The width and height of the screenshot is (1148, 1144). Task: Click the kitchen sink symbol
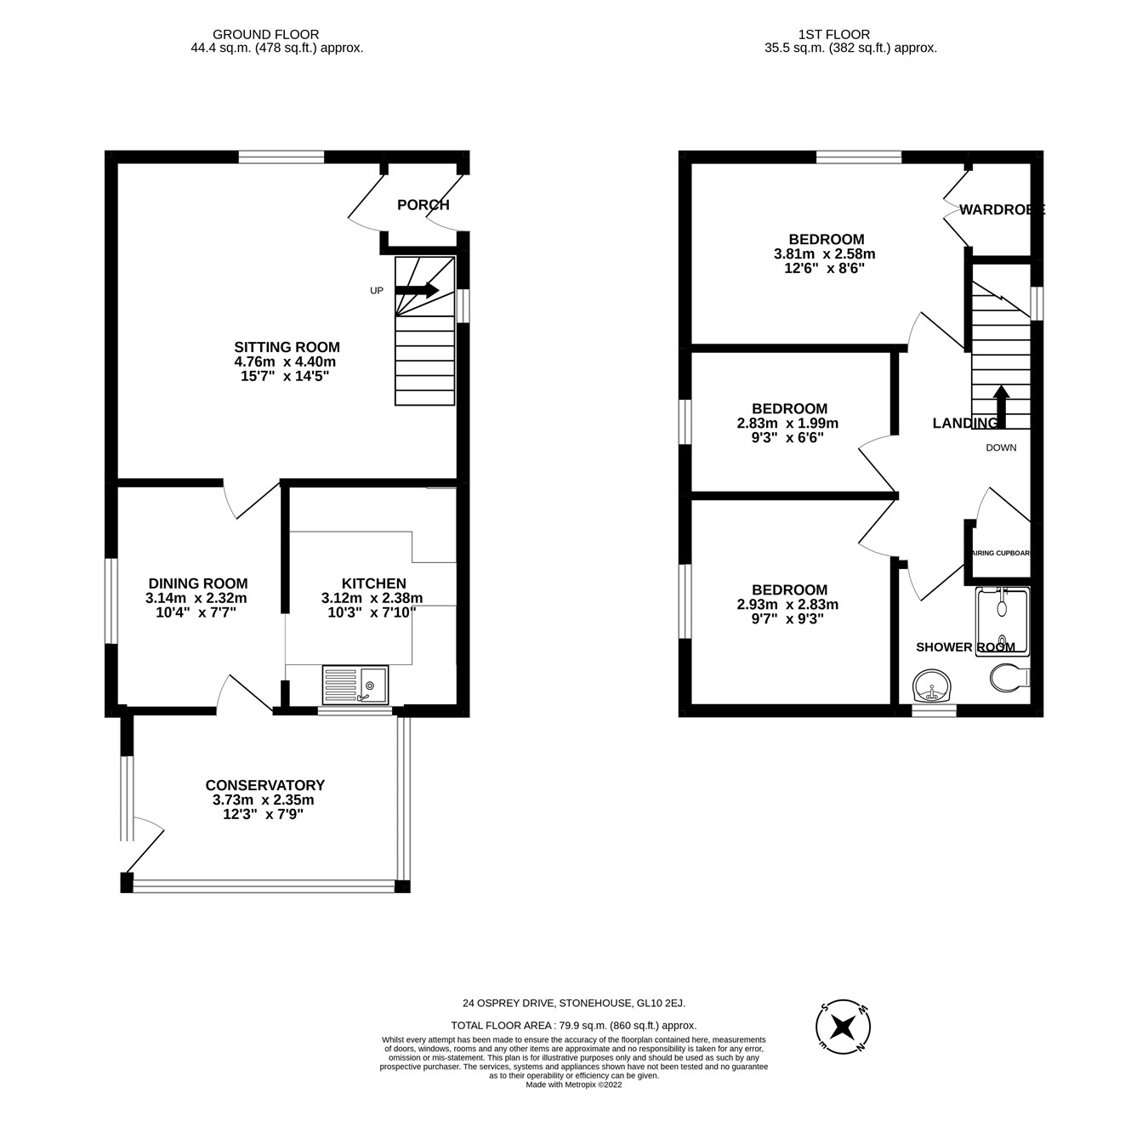pyautogui.click(x=355, y=685)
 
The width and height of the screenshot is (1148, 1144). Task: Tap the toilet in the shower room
pyautogui.click(x=1010, y=678)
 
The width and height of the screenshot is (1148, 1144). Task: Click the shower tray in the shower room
pyautogui.click(x=1002, y=621)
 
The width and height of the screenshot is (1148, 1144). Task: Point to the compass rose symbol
pyautogui.click(x=843, y=1027)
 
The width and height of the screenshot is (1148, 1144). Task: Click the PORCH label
pyautogui.click(x=423, y=205)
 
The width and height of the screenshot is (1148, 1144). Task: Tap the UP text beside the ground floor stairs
pyautogui.click(x=377, y=291)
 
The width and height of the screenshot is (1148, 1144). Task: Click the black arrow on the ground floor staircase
pyautogui.click(x=417, y=290)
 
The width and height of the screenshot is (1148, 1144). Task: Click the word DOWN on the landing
pyautogui.click(x=1001, y=447)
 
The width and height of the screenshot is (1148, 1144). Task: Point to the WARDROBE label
pyautogui.click(x=1001, y=210)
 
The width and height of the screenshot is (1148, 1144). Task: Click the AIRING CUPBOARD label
pyautogui.click(x=1001, y=554)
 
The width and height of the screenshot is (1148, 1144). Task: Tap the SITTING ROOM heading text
pyautogui.click(x=287, y=347)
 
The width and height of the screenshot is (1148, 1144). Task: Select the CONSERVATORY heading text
pyautogui.click(x=264, y=785)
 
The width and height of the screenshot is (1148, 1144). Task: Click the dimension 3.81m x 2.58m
pyautogui.click(x=824, y=254)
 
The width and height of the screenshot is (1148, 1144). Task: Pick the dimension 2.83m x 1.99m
pyautogui.click(x=787, y=424)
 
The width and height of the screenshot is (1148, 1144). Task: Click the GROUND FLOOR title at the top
pyautogui.click(x=265, y=35)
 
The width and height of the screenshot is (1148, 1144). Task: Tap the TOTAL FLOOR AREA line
pyautogui.click(x=573, y=1026)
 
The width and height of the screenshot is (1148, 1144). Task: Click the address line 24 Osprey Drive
pyautogui.click(x=573, y=1004)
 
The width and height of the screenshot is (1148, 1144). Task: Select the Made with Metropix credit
pyautogui.click(x=573, y=1084)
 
